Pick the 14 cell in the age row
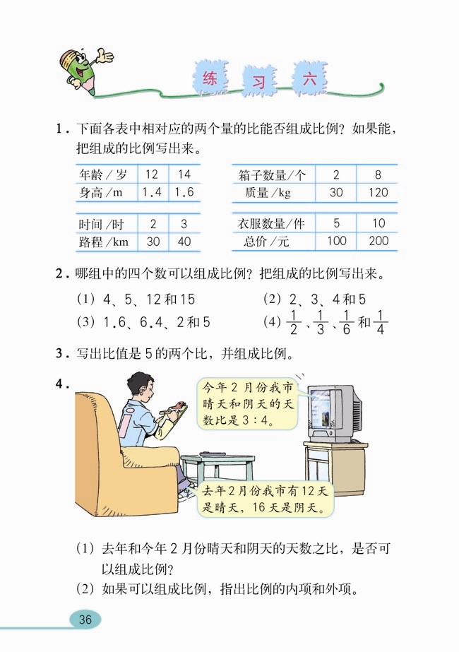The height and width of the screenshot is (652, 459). point(184,174)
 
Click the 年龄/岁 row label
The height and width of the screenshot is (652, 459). point(103,174)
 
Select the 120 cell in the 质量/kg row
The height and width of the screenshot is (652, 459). point(378,191)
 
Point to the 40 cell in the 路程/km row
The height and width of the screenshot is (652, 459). point(184,242)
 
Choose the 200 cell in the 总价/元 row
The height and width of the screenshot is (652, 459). point(378,242)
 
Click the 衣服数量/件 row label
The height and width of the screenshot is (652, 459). point(271,225)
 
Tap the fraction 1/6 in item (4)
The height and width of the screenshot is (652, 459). point(345,324)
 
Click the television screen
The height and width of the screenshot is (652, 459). point(322,412)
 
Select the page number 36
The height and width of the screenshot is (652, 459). point(85,620)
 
